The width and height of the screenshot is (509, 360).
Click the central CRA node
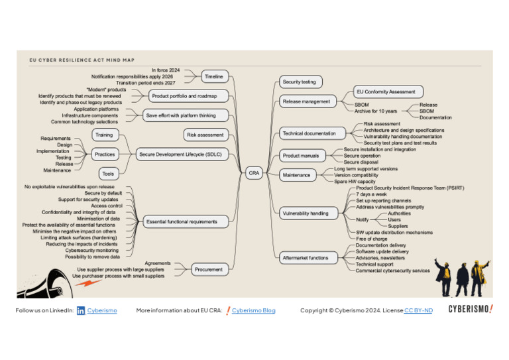click(x=254, y=173)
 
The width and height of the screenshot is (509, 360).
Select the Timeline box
click(x=214, y=77)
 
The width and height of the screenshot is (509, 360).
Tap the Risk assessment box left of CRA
click(x=205, y=135)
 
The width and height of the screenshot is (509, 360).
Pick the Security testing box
click(x=300, y=82)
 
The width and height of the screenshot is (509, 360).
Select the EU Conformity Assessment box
click(x=386, y=92)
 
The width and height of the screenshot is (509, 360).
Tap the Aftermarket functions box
click(x=306, y=258)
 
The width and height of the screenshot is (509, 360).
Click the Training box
click(x=104, y=135)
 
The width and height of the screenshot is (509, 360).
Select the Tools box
click(x=108, y=174)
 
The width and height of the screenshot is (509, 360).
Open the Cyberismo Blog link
click(x=253, y=310)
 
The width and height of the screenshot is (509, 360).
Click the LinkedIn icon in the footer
click(x=81, y=310)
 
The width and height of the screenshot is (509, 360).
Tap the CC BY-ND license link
click(x=418, y=310)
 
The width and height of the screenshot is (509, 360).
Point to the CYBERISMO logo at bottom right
click(x=471, y=309)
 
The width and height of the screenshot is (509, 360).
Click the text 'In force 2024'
click(x=166, y=70)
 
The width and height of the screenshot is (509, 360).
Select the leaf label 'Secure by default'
click(x=103, y=193)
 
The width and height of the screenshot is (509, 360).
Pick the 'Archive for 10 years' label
click(x=376, y=111)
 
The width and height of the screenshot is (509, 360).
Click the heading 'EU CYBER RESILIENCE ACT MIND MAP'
click(x=82, y=60)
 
